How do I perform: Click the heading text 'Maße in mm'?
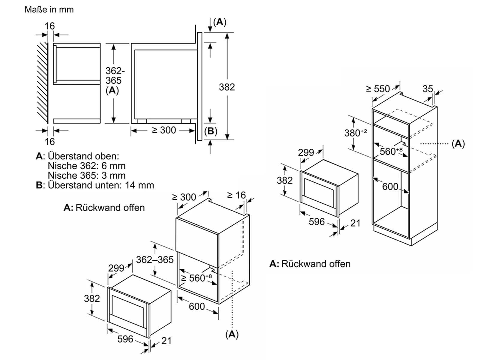pos(49,10)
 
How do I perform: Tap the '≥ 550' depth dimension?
pos(378,89)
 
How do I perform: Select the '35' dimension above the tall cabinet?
pos(427,89)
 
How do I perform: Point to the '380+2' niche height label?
pos(355,133)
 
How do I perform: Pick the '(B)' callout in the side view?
pos(211,131)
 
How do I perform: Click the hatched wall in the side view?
pos(43,82)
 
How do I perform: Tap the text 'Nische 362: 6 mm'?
pos(87,166)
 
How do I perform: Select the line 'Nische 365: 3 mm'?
pos(87,175)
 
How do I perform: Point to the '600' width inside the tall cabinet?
pos(390,186)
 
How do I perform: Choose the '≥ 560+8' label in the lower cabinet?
pos(196,278)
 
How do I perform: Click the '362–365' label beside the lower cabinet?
pos(155,260)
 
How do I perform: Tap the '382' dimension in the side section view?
pos(227,87)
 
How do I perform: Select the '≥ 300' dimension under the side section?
pos(164,130)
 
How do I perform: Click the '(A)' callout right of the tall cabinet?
pos(458,144)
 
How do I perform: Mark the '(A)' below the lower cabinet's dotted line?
pos(232,334)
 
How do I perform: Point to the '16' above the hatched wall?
pos(49,26)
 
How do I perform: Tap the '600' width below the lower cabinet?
pos(197,306)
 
